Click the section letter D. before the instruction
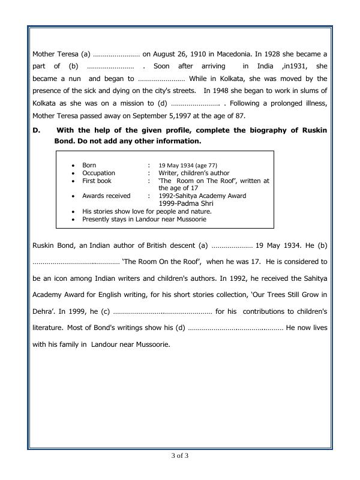(x=35, y=130)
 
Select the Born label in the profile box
(x=89, y=165)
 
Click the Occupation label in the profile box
(x=98, y=173)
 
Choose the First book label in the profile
(x=97, y=181)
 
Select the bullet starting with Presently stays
(x=144, y=220)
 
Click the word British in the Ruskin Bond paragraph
(x=152, y=245)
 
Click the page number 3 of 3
(x=180, y=455)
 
